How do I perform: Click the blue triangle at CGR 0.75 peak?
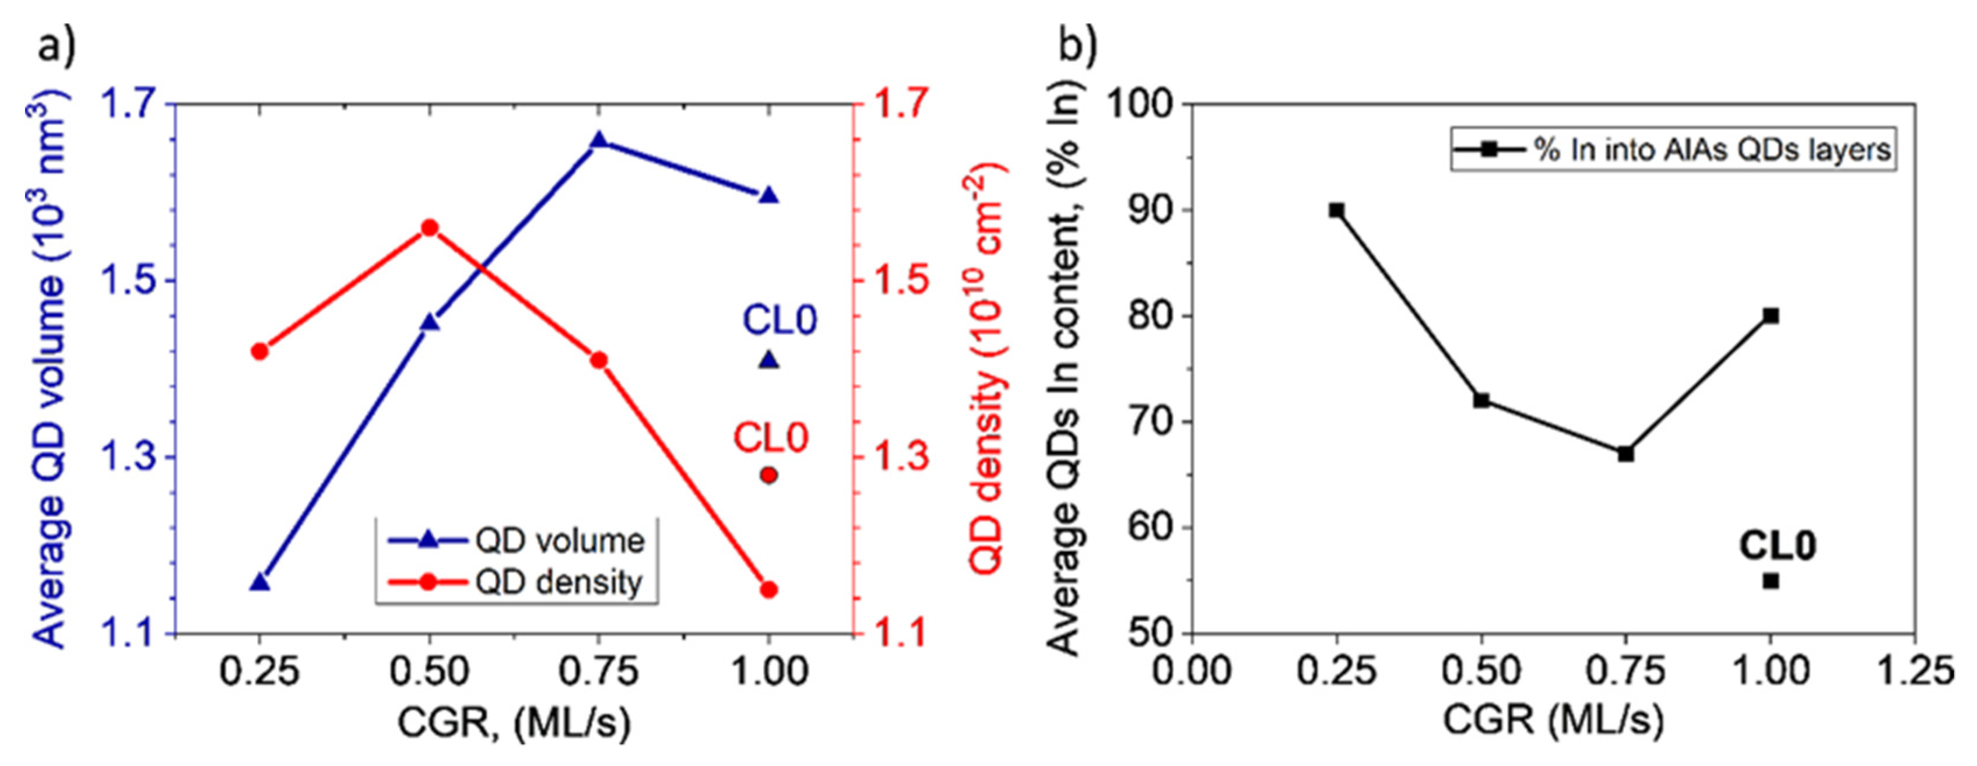(599, 141)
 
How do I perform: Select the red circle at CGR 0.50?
(430, 228)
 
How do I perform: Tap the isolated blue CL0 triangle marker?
(769, 360)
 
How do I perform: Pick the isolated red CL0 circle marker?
(769, 476)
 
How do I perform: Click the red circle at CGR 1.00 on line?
(769, 589)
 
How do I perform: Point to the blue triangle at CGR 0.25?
(260, 582)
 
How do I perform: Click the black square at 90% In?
(1336, 210)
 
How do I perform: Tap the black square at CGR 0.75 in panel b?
(1625, 454)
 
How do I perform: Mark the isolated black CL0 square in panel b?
(1771, 581)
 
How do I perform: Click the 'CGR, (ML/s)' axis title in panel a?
(514, 722)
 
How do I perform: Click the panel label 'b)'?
(1077, 46)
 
